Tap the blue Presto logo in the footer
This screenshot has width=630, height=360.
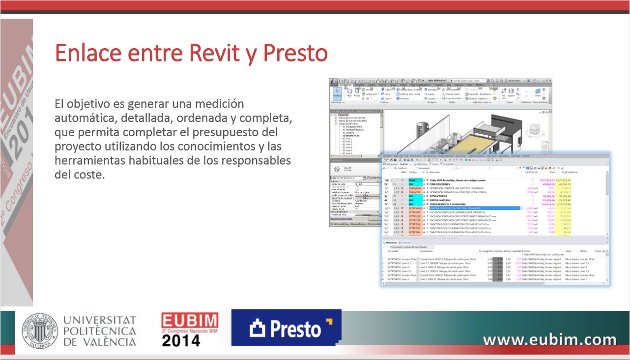click(286, 329)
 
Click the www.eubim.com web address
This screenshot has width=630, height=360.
click(549, 339)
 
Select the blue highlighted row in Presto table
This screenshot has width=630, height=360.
click(472, 209)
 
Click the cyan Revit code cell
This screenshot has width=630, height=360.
click(412, 180)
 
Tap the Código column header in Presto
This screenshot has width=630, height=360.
click(413, 172)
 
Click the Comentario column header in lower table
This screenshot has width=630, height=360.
click(427, 251)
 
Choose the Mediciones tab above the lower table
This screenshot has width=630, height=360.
click(391, 242)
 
